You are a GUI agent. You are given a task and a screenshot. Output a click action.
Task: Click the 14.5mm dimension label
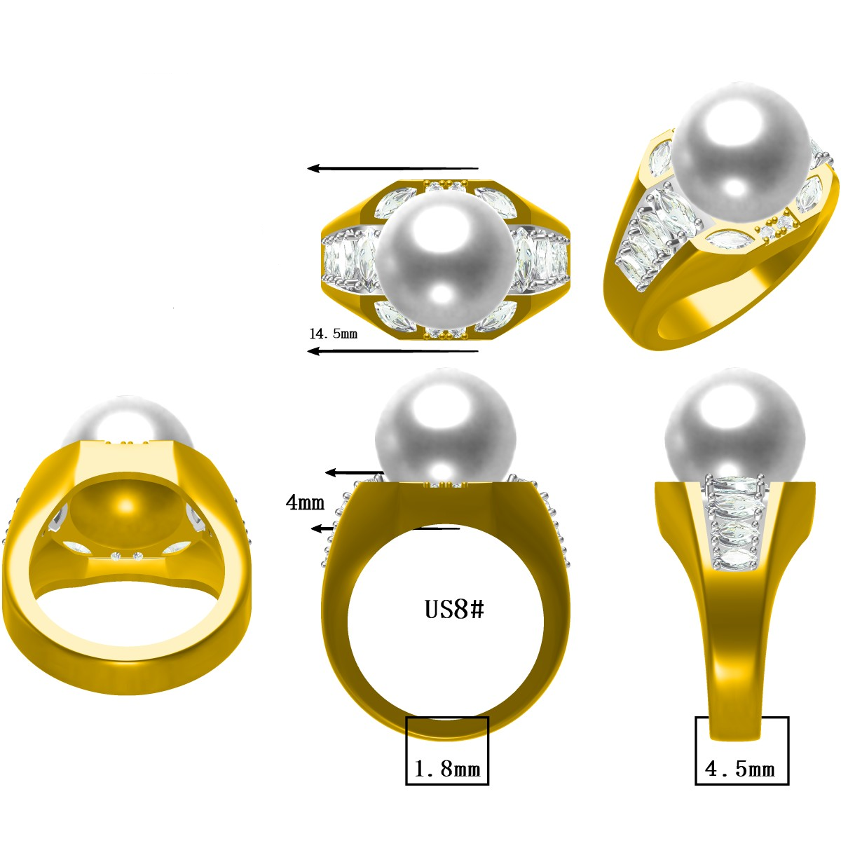tap(334, 334)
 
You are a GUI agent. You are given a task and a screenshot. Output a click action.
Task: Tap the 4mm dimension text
tap(306, 502)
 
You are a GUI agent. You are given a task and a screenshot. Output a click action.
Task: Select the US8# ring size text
tap(454, 609)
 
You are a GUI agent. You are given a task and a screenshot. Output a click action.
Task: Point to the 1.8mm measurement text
tap(447, 769)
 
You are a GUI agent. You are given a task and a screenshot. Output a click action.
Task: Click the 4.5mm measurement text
tap(740, 769)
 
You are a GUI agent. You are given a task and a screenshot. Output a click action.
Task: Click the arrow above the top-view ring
tap(392, 168)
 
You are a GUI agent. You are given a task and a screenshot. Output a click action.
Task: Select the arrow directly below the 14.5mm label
tap(392, 350)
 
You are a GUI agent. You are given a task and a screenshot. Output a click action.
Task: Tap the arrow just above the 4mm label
tap(355, 473)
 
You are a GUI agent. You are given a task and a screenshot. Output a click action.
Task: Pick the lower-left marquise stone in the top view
tap(395, 317)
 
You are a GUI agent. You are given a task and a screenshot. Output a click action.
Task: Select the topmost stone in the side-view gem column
tap(734, 484)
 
